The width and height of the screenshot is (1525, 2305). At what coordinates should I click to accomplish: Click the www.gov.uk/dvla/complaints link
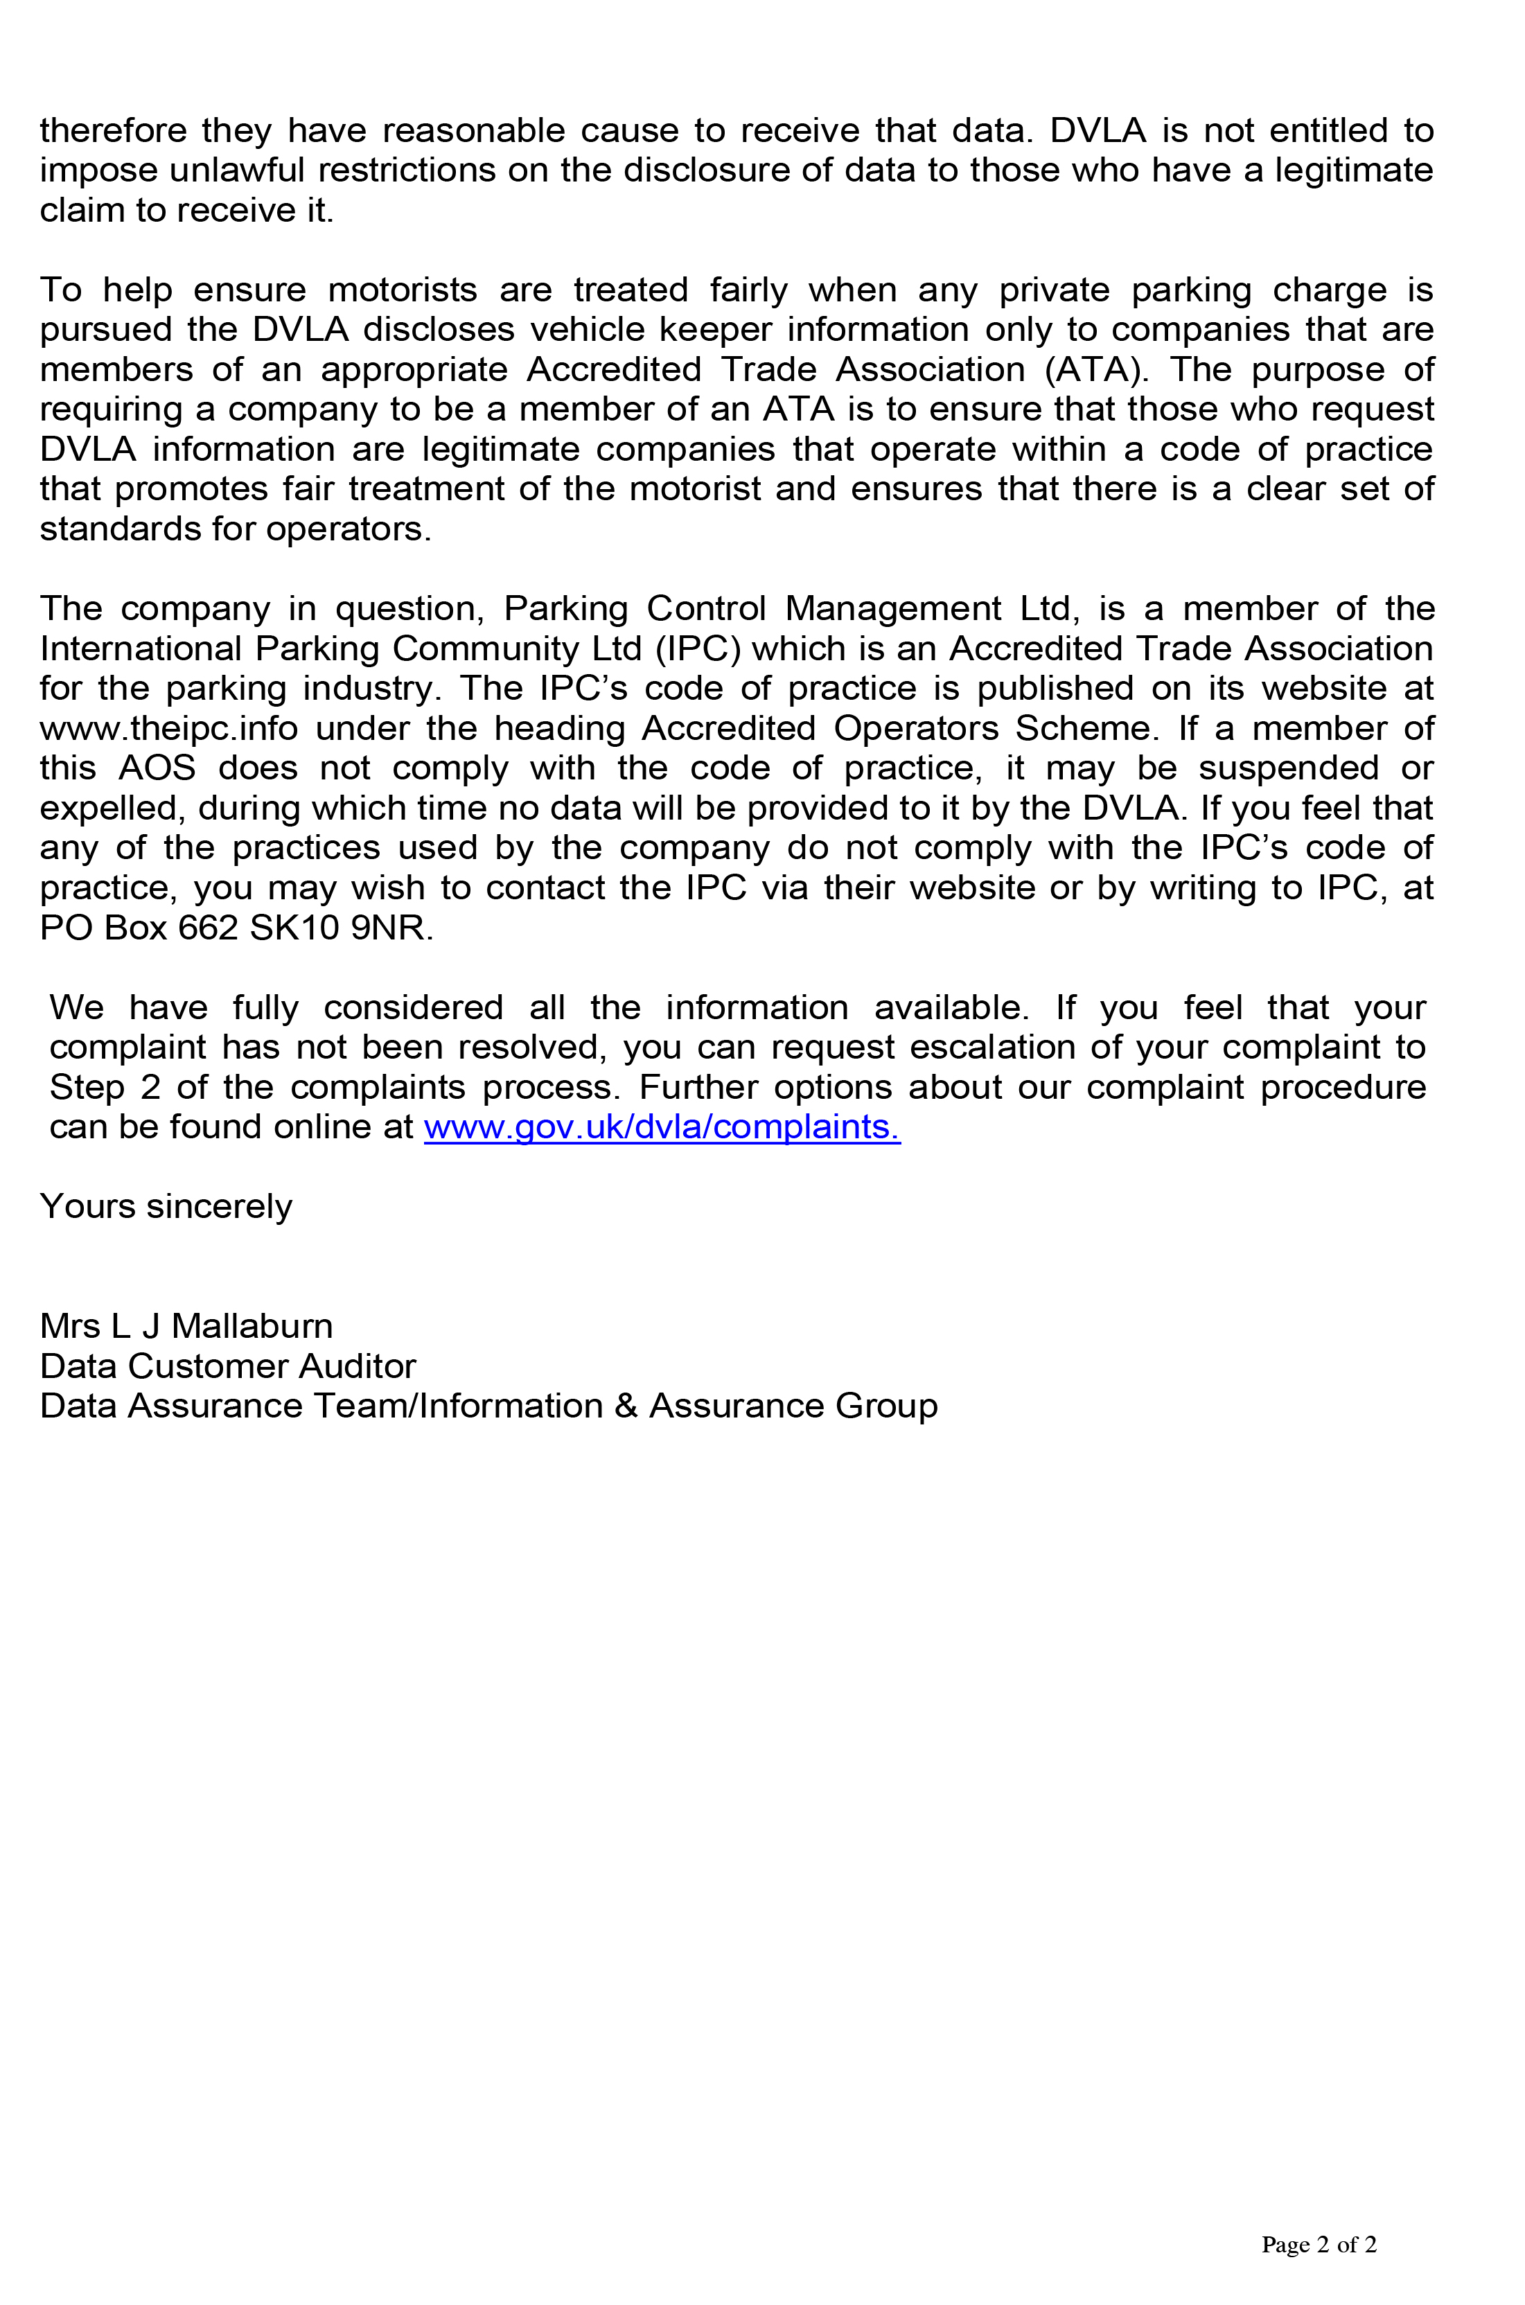coord(662,1127)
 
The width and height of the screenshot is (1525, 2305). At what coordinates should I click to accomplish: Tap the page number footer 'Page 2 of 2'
coord(1318,2244)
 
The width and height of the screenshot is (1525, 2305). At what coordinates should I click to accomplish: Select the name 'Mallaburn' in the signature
coord(252,1325)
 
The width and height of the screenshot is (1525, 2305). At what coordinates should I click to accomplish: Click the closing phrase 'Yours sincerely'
coord(166,1206)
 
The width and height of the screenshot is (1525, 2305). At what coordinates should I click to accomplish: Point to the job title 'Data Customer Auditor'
coord(227,1366)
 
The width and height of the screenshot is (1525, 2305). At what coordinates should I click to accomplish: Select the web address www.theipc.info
coord(168,727)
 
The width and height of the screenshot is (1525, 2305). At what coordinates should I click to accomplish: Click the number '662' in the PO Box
coord(208,927)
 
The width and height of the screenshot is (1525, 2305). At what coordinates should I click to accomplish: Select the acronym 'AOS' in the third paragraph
coord(157,768)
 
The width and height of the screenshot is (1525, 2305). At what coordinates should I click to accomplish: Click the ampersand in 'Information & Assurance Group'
coord(626,1405)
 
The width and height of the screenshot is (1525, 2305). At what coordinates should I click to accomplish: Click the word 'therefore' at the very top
coord(113,130)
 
